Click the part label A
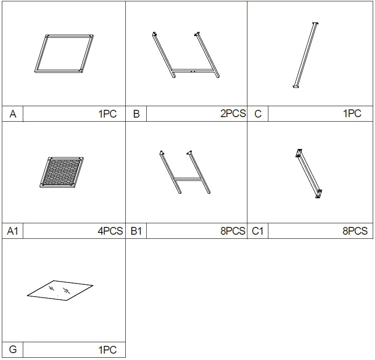coord(13,114)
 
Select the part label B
coord(136,114)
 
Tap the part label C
coord(258,114)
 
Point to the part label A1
coord(13,231)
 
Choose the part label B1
coord(136,231)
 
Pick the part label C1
coord(258,231)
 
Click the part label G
coord(13,350)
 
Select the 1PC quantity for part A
coord(108,114)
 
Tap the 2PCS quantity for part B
coord(233,114)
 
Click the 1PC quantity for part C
coord(352,114)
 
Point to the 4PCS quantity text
coord(110,231)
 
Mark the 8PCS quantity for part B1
coord(233,231)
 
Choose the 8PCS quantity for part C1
coord(355,231)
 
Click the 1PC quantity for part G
coord(108,350)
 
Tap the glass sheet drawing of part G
coord(60,290)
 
